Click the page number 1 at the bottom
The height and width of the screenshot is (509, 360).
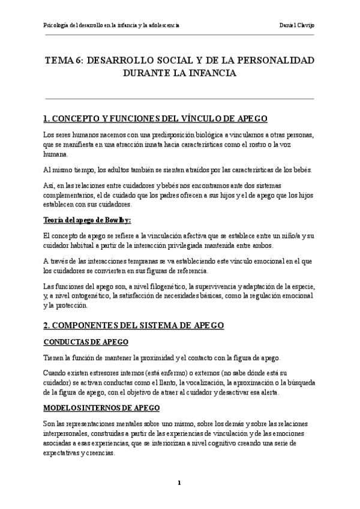[x=179, y=483]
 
